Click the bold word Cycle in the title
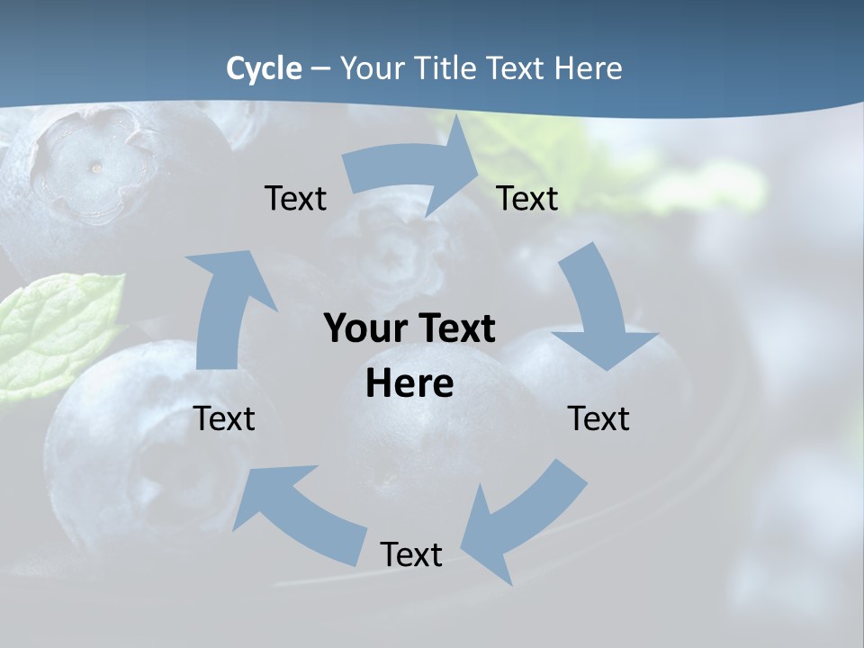tap(264, 68)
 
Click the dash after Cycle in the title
tap(320, 68)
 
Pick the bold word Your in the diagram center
tap(369, 329)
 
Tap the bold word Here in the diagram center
tap(409, 384)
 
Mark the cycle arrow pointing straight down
tap(599, 315)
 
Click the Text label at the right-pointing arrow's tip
tap(527, 199)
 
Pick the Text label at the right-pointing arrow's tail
tap(296, 199)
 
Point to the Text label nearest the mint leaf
tap(225, 418)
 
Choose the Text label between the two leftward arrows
tap(411, 554)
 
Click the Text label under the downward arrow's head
tap(598, 418)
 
